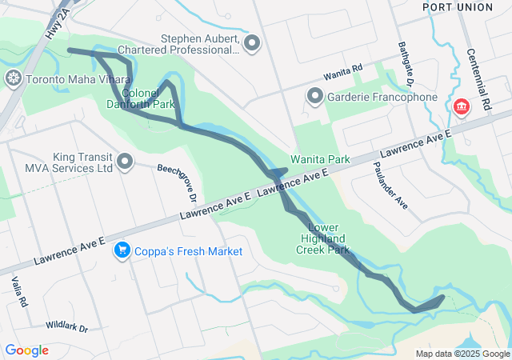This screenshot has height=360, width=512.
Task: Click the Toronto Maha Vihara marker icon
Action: [13, 79]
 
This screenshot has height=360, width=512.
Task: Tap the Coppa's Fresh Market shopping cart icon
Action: [122, 251]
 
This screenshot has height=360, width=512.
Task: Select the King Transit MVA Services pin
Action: [124, 162]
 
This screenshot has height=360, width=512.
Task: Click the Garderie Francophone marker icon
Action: [314, 98]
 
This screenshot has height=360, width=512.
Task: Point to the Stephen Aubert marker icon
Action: [254, 43]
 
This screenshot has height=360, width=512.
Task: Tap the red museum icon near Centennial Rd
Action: [461, 106]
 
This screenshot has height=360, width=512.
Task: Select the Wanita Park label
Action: [320, 159]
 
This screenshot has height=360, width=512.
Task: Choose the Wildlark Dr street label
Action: [66, 327]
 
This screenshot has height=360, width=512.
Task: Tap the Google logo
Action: [26, 350]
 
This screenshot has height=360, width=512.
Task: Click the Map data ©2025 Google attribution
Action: [462, 354]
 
